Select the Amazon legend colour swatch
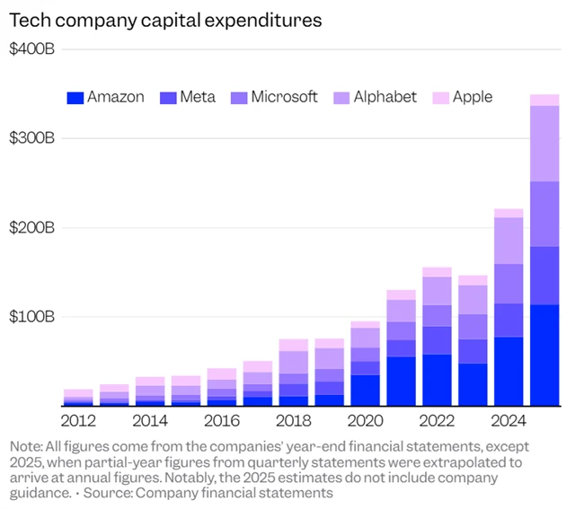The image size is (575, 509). point(75,97)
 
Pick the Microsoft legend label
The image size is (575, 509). point(285,97)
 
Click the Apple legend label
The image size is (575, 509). point(473,97)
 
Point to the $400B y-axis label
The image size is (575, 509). point(32,51)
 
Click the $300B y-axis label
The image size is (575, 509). point(32,139)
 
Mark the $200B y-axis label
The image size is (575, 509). point(32,228)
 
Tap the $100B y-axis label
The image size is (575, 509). point(32,317)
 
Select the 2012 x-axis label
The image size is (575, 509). point(78,419)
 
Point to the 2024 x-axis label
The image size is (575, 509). point(509,419)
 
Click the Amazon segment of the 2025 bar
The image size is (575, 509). point(544,355)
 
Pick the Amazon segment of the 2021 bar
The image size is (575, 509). point(401,382)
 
